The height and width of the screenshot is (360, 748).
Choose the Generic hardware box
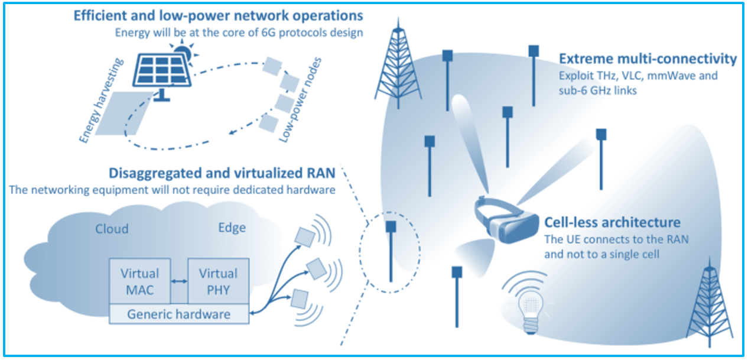[x=179, y=314]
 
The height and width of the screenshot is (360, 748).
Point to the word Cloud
[x=112, y=229]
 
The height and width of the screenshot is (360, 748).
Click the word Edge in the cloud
[x=231, y=228]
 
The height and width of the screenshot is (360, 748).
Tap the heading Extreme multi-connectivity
[x=648, y=59]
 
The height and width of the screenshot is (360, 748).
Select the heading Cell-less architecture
[x=612, y=223]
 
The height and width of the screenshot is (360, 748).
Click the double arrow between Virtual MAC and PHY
[x=178, y=282]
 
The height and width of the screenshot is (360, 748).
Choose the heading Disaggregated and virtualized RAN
[x=222, y=173]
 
